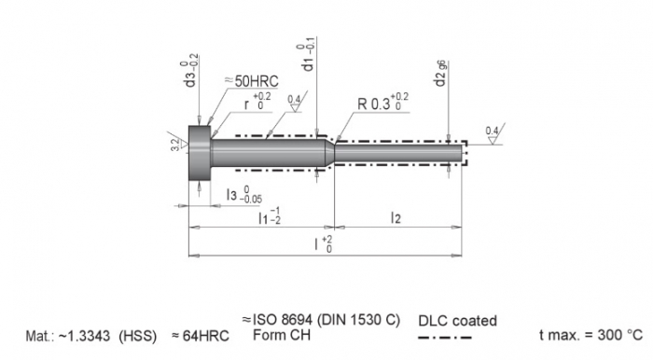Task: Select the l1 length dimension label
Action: pyautogui.click(x=272, y=217)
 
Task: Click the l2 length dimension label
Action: pyautogui.click(x=396, y=217)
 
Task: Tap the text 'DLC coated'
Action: pyautogui.click(x=458, y=320)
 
